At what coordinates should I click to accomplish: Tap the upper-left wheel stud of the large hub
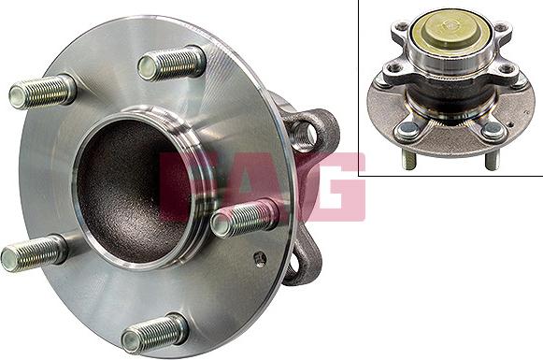(42, 92)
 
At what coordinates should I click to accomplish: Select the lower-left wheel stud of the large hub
(34, 253)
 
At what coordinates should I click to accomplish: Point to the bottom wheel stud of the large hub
(154, 332)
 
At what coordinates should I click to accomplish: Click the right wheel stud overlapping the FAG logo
(245, 220)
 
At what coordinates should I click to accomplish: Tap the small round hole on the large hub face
(259, 258)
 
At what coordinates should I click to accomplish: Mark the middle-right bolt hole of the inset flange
(507, 68)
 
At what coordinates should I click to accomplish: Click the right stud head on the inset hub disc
(493, 131)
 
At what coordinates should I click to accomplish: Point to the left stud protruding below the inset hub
(408, 160)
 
